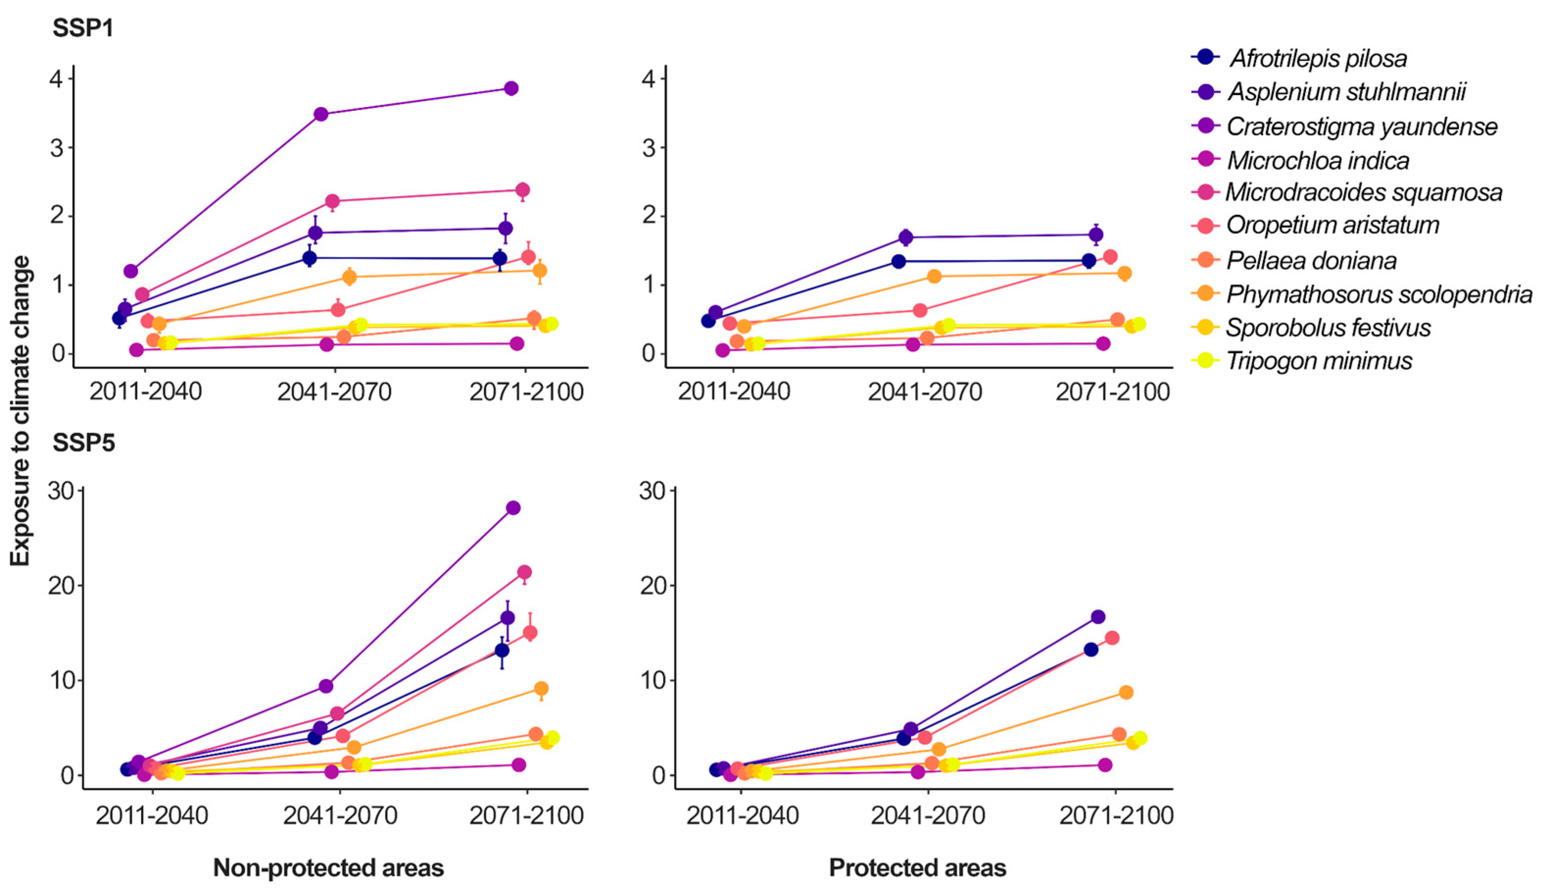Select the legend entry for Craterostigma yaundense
click(1361, 127)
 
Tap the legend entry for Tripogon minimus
click(1319, 361)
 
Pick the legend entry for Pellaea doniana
click(1311, 261)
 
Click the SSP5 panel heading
click(84, 443)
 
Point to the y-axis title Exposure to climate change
click(20, 411)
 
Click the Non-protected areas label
click(329, 868)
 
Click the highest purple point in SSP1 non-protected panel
click(511, 88)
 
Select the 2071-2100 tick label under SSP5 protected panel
click(1115, 816)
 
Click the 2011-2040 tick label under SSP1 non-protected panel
click(145, 391)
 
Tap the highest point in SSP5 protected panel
click(1098, 617)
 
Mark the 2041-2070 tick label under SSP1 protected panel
click(925, 391)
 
